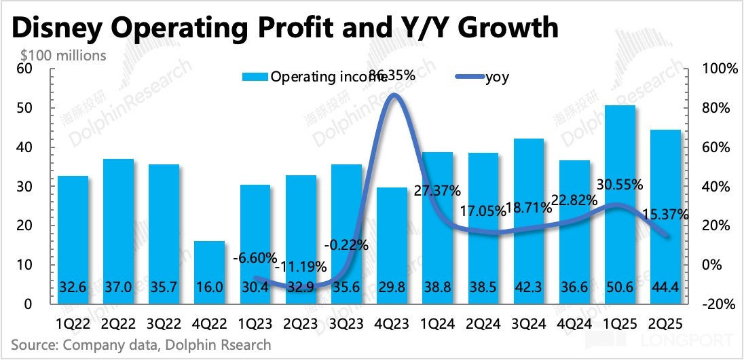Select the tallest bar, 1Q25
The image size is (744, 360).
tap(620, 204)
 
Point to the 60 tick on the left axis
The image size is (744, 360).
tap(24, 69)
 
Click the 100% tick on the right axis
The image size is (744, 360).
tap(713, 69)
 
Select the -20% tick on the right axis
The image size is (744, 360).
tap(713, 304)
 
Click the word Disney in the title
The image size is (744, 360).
tap(63, 28)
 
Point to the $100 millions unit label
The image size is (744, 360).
tap(64, 55)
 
